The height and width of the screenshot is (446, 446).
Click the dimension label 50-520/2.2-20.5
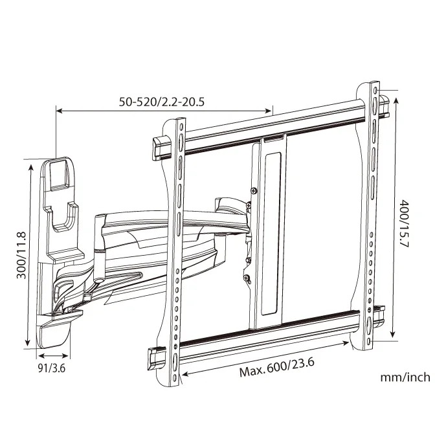pos(166,102)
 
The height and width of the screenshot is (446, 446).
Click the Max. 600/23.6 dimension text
pos(276,371)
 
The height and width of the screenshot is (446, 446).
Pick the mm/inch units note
pos(405,377)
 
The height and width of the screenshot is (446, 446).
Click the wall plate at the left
pos(58,246)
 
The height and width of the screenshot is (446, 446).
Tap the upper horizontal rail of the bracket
pos(272,126)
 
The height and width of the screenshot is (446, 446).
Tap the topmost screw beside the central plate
pos(252,190)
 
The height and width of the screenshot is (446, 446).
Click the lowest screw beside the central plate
pos(247,279)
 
